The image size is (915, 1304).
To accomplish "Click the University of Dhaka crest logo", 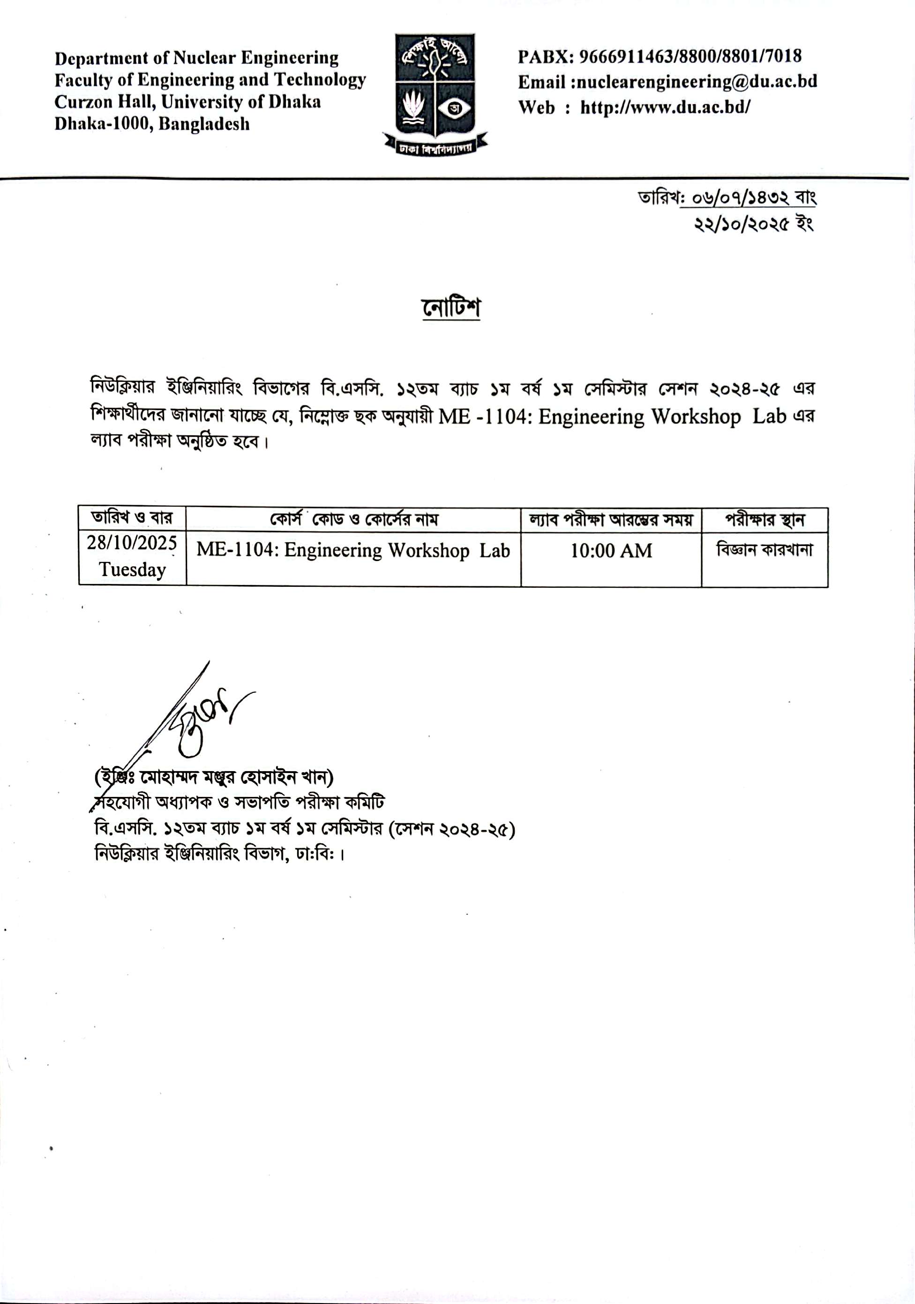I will coord(435,94).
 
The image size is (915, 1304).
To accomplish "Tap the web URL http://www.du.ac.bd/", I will coord(665,107).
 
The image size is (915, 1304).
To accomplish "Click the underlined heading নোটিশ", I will coord(451,308).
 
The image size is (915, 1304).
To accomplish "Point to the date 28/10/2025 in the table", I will coord(132,543).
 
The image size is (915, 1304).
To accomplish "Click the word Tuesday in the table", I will coord(132,569).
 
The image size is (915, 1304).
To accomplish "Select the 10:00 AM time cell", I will coord(611,550).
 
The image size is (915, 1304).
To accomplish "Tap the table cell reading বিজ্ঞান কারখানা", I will coord(764,550).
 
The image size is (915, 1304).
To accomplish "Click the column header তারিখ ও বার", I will coord(132,518).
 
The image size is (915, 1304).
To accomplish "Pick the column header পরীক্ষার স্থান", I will coord(764,520).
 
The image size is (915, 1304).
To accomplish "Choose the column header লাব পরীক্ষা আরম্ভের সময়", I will coord(611,520).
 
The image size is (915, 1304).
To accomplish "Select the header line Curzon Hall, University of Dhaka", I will coord(187,102).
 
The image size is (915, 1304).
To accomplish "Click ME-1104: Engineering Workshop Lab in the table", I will coord(353,550).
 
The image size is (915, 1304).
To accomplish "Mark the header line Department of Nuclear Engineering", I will coord(196,58).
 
